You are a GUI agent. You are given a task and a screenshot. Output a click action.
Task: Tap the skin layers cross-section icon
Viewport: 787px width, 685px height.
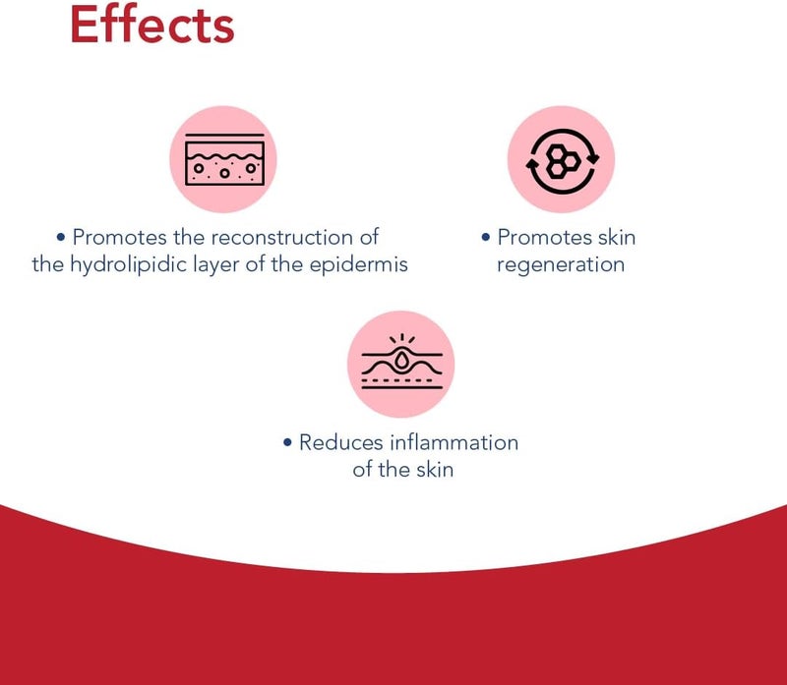point(224,159)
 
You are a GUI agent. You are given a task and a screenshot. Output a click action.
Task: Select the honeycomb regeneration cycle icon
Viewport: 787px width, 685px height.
point(562,161)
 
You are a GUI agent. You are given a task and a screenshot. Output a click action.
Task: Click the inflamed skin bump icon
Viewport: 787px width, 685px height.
point(401,362)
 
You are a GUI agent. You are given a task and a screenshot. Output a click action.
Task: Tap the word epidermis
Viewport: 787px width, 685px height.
point(358,265)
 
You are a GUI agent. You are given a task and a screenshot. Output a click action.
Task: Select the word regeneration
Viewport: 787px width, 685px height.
point(561,265)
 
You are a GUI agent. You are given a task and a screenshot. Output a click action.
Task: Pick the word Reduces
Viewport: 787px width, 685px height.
point(341,442)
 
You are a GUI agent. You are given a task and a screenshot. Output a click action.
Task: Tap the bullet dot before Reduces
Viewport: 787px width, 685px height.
point(287,442)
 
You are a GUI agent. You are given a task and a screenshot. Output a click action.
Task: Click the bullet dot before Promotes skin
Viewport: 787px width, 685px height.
point(485,237)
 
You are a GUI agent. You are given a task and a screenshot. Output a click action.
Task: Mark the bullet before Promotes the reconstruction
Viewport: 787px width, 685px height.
point(61,237)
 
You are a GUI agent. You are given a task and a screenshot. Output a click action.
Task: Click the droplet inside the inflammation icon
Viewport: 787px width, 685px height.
point(401,360)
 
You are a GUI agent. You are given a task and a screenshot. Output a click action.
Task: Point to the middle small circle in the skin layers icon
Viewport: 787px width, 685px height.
point(224,173)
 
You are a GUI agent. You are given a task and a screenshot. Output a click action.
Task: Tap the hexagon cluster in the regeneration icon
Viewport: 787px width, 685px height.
point(563,161)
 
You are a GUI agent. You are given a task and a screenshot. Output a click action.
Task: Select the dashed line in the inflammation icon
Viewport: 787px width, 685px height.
point(401,380)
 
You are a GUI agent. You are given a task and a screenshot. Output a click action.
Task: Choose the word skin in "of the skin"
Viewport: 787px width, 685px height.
point(435,470)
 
